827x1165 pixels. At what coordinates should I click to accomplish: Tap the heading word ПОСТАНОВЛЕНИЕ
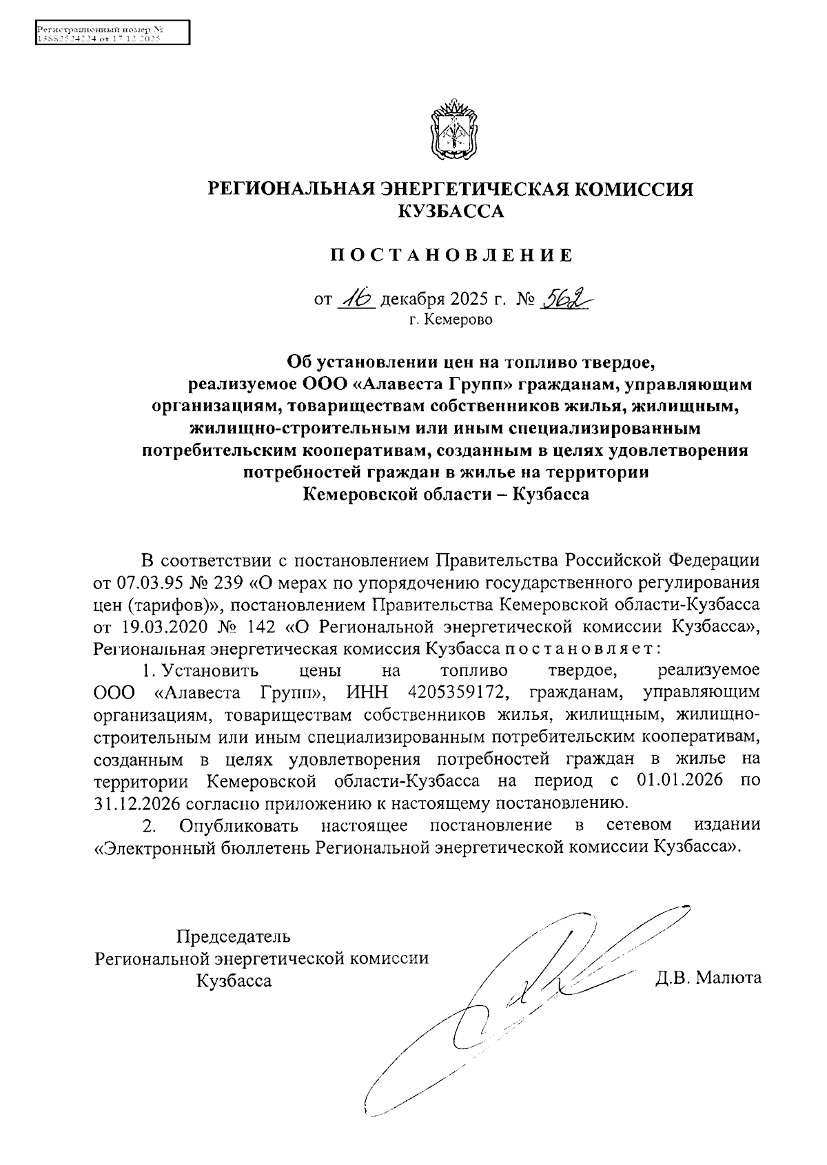coord(451,256)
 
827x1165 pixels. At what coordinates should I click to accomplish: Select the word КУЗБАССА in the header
coord(451,212)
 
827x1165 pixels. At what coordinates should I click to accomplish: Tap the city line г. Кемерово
coord(451,320)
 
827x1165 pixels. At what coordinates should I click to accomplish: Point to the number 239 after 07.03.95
coord(228,583)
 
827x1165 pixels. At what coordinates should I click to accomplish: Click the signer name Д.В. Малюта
coord(708,978)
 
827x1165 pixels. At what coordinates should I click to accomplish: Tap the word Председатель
coord(234,936)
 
